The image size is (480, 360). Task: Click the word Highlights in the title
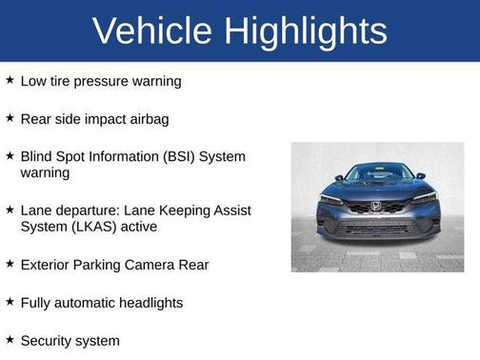click(308, 31)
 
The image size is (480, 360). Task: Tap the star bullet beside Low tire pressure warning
click(10, 80)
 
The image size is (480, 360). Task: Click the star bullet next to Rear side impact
click(10, 118)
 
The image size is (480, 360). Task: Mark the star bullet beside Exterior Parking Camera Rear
click(10, 263)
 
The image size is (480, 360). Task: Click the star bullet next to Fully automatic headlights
click(10, 301)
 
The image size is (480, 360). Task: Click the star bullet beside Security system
click(10, 339)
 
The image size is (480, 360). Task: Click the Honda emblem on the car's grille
click(376, 206)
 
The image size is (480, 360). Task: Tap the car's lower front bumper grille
click(377, 229)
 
